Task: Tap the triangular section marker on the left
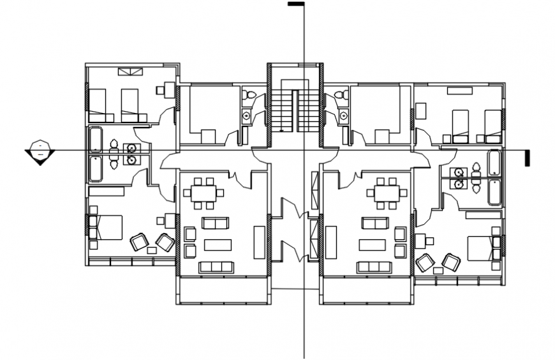coord(40,153)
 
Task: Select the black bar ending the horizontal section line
coord(528,158)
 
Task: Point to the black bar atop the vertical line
coord(295,4)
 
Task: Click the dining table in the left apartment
coord(205,192)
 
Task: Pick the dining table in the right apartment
coord(387,192)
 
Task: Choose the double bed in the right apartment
coord(482,248)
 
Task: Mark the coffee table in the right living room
coord(373,244)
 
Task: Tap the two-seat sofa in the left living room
coord(214,223)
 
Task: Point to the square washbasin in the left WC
coord(246,116)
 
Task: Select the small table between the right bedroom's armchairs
coord(438,271)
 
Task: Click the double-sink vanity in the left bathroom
coord(132,153)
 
